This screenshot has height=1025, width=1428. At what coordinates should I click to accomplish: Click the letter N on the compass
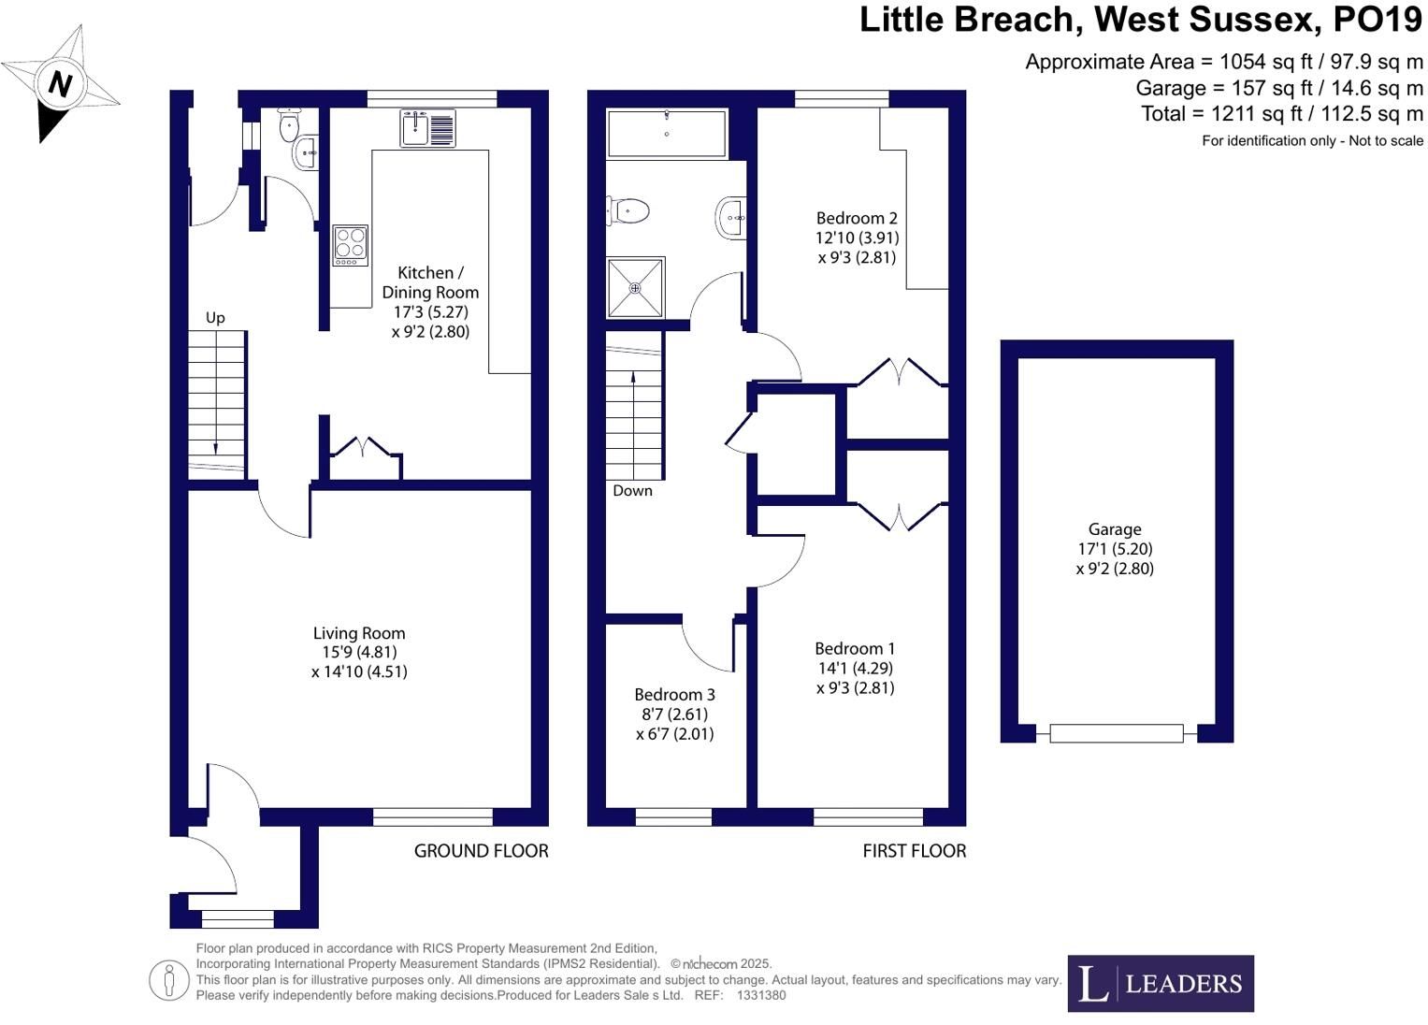[x=60, y=83]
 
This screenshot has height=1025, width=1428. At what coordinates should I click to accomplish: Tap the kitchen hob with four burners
[x=350, y=245]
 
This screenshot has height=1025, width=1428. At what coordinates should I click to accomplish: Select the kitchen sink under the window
[x=427, y=128]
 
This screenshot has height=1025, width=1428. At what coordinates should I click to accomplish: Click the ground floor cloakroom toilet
[x=289, y=124]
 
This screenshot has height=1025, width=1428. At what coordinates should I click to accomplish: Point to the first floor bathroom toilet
[x=627, y=210]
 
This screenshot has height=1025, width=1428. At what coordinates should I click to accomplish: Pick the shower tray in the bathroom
[x=635, y=287]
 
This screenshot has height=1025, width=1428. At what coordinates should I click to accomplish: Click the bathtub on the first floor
[x=667, y=134]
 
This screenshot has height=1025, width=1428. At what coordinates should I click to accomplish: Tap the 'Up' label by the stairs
[x=215, y=317]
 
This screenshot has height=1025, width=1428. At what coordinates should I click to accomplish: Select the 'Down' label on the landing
[x=632, y=491]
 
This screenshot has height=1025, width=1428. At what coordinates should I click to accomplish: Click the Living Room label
[x=359, y=633]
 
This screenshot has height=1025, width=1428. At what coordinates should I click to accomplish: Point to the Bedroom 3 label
[x=674, y=694]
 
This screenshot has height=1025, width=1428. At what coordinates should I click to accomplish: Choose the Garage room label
[x=1115, y=529]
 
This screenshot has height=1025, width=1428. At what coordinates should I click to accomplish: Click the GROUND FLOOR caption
[x=482, y=851]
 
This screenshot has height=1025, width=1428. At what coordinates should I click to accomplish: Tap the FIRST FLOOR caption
[x=915, y=851]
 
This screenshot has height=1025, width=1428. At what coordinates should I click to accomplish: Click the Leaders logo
[x=1161, y=984]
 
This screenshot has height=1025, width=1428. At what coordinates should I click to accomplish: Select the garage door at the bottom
[x=1117, y=733]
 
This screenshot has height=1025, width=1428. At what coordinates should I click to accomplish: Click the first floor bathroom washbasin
[x=731, y=218]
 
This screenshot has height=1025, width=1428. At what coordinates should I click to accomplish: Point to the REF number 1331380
[x=761, y=995]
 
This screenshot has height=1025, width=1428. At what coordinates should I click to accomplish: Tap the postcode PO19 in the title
[x=1378, y=20]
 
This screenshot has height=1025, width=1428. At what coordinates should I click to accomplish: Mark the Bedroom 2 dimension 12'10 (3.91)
[x=858, y=238]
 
